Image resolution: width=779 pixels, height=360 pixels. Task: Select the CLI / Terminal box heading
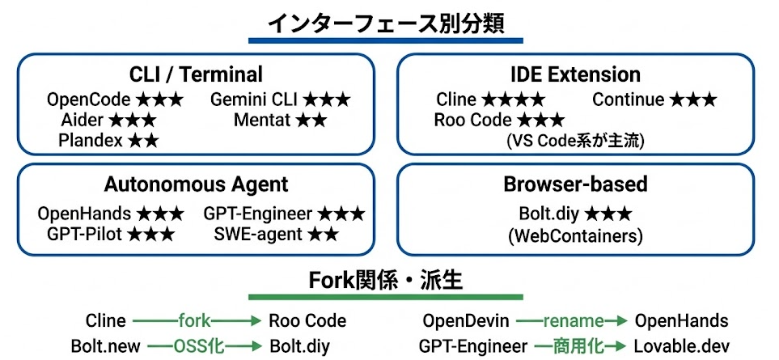[x=196, y=74]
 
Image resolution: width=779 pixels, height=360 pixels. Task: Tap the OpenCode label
[x=88, y=100]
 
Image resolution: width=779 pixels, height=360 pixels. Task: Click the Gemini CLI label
[x=254, y=100]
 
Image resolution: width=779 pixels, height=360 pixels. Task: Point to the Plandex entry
[x=89, y=140]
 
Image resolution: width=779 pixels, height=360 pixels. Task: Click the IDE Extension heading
[x=575, y=74]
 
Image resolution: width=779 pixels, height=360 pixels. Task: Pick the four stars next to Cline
[x=514, y=100]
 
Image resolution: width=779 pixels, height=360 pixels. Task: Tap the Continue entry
[x=629, y=100]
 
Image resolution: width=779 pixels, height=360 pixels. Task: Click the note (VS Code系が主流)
[x=575, y=141]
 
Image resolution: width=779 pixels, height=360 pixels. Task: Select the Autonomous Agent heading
[x=196, y=184]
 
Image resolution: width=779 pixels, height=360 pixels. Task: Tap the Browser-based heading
[x=575, y=184]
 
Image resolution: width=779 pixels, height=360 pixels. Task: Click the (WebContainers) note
[x=575, y=236]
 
